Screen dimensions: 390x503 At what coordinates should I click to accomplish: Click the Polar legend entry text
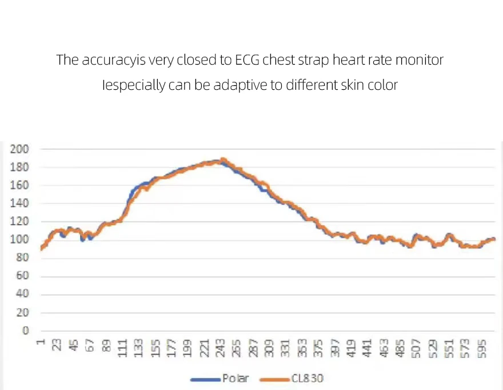pyautogui.click(x=235, y=379)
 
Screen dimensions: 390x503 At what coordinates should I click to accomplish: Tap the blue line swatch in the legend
pyautogui.click(x=205, y=379)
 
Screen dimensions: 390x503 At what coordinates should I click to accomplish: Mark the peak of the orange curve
pyautogui.click(x=223, y=160)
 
